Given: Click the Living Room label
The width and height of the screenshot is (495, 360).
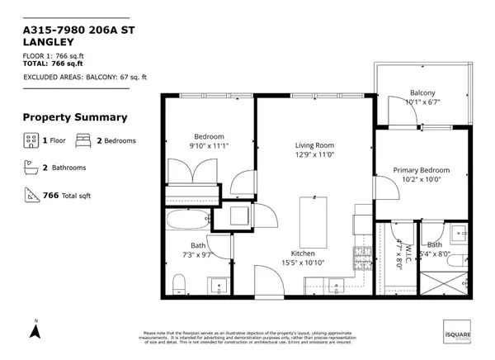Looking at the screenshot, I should coord(315,144).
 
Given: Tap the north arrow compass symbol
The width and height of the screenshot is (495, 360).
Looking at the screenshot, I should coord(35,330).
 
